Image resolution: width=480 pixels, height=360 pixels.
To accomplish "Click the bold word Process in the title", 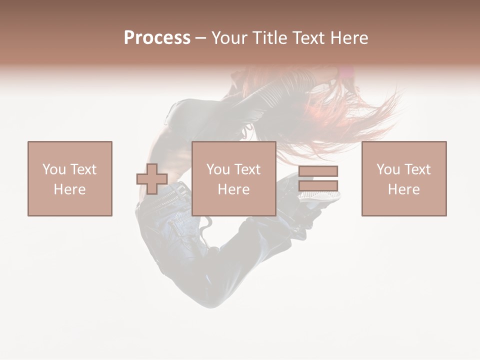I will [x=157, y=38].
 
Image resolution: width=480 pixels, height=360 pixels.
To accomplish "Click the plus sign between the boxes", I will [x=152, y=179].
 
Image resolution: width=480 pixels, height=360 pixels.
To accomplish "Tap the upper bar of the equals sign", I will [x=318, y=171].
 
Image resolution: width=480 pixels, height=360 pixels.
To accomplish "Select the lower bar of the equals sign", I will [x=318, y=185].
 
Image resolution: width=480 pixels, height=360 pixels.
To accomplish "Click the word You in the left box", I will [x=53, y=169].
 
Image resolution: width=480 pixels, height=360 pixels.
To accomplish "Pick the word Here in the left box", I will [x=70, y=189].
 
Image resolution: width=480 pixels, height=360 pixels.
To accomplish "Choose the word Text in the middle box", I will [x=247, y=169].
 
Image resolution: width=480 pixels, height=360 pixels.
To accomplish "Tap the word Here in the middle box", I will [x=234, y=189].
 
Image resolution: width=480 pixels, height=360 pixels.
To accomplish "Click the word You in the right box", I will [x=388, y=169].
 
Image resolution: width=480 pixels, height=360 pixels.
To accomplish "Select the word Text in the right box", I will [x=417, y=169].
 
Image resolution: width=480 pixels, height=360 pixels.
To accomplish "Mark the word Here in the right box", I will [x=404, y=189].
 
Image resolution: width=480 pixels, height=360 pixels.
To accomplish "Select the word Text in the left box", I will [x=83, y=169].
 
